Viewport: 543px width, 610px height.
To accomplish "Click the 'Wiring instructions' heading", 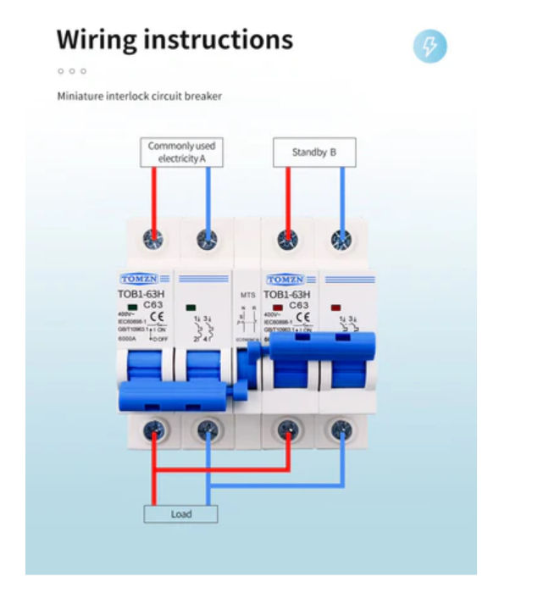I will coord(175,39).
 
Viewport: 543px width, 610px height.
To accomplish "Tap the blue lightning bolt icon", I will coord(429,47).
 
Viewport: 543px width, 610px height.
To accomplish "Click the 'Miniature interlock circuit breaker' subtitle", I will coord(140,97).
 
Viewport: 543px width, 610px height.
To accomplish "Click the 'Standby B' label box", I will coord(314,152).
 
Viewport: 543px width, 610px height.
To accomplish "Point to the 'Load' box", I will coord(181,513).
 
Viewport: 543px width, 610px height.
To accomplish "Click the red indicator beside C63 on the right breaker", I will coord(277,306).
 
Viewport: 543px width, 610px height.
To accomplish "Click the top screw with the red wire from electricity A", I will coord(153,239).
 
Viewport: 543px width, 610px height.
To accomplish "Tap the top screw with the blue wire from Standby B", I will coord(341,239).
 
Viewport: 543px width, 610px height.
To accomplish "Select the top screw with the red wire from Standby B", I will coord(288,239).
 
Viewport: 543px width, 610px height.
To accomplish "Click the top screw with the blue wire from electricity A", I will coord(206,239).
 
